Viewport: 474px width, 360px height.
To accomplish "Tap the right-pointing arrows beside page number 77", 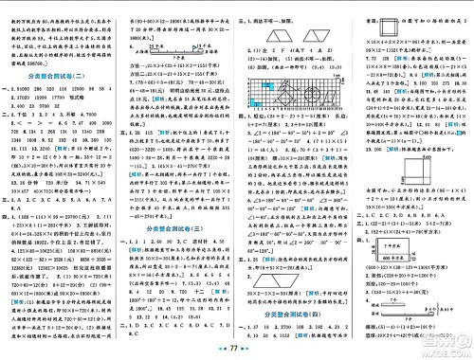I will [253, 350].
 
